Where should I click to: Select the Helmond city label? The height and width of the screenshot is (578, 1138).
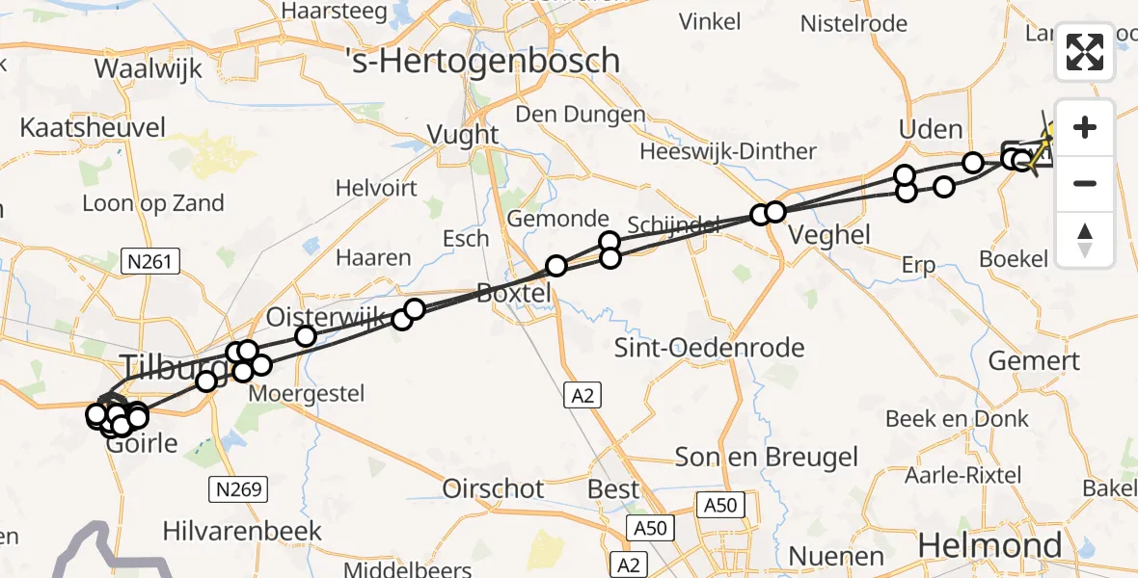coord(989,545)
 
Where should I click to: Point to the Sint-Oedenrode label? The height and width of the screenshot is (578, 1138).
coord(710,348)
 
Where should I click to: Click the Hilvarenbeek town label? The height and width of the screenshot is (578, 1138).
coord(243,531)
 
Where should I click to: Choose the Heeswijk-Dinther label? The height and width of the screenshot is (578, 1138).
coord(728,152)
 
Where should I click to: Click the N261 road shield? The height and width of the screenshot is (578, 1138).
coord(151,260)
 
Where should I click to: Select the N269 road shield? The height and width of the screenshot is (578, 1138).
coord(237,489)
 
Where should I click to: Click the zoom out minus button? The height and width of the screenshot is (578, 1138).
coord(1085,183)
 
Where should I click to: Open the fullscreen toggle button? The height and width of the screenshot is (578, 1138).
coord(1085,52)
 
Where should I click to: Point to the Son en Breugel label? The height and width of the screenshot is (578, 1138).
coord(766,457)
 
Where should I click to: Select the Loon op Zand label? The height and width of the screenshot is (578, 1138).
coord(153,203)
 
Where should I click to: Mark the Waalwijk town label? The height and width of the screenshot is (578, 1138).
coord(149,69)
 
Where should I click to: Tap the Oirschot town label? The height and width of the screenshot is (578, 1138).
coord(493,489)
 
